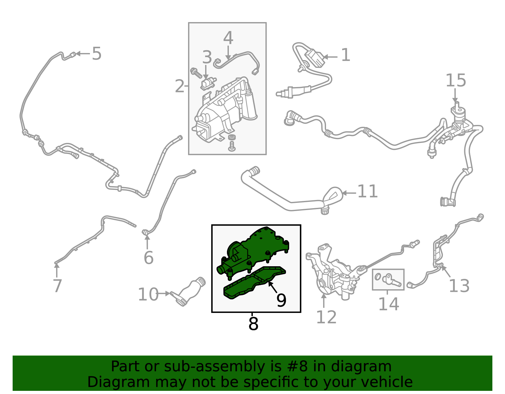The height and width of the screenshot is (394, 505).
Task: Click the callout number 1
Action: pos(345,55)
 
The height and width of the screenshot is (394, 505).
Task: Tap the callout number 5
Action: pos(97,54)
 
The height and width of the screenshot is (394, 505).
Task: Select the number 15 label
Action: pos(456,80)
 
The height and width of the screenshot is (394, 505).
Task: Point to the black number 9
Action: pos(281,300)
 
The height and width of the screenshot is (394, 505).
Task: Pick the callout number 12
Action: pos(326,317)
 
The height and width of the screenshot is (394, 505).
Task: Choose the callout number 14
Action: pos(389,304)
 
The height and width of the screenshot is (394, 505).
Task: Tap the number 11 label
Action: pos(367,191)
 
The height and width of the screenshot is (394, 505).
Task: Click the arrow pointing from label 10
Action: pos(164,294)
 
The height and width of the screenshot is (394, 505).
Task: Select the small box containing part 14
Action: pos(388,279)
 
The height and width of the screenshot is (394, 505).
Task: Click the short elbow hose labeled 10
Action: pos(188,291)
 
